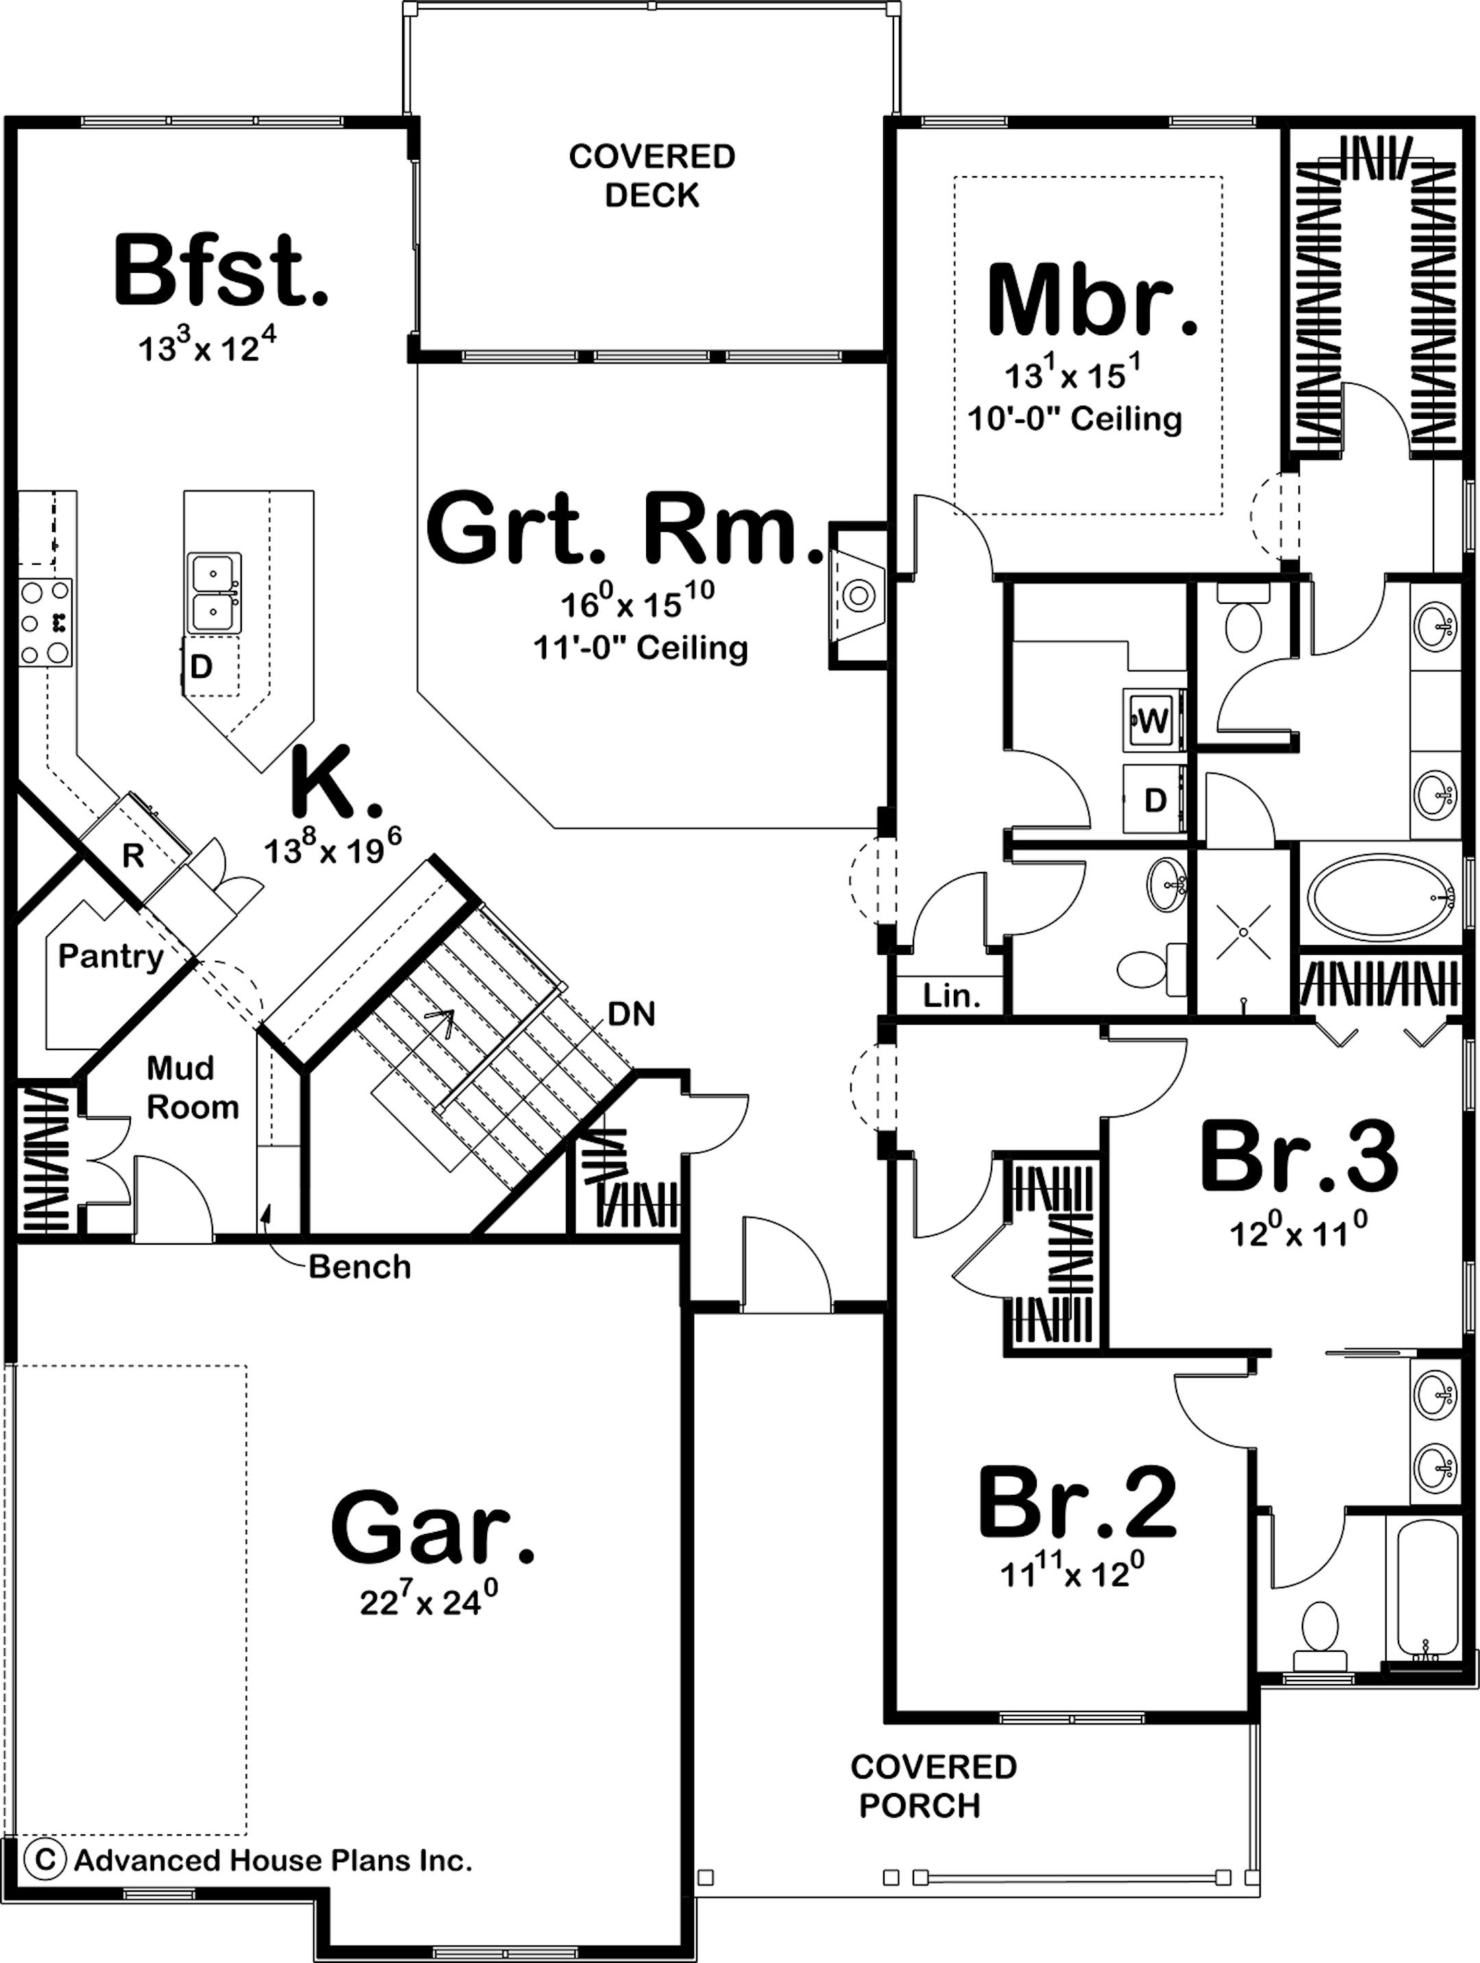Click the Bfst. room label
[x=220, y=271]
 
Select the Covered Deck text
[x=652, y=175]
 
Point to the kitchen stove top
[x=45, y=622]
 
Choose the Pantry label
[x=111, y=957]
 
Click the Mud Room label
[x=192, y=1087]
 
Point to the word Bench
[x=359, y=1267]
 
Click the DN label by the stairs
[x=632, y=1014]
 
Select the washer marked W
[x=1152, y=720]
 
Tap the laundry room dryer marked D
[x=1155, y=801]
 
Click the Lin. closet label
[x=951, y=996]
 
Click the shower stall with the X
[x=1243, y=931]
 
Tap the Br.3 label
[x=1298, y=1158]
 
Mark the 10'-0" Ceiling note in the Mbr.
[x=1074, y=418]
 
